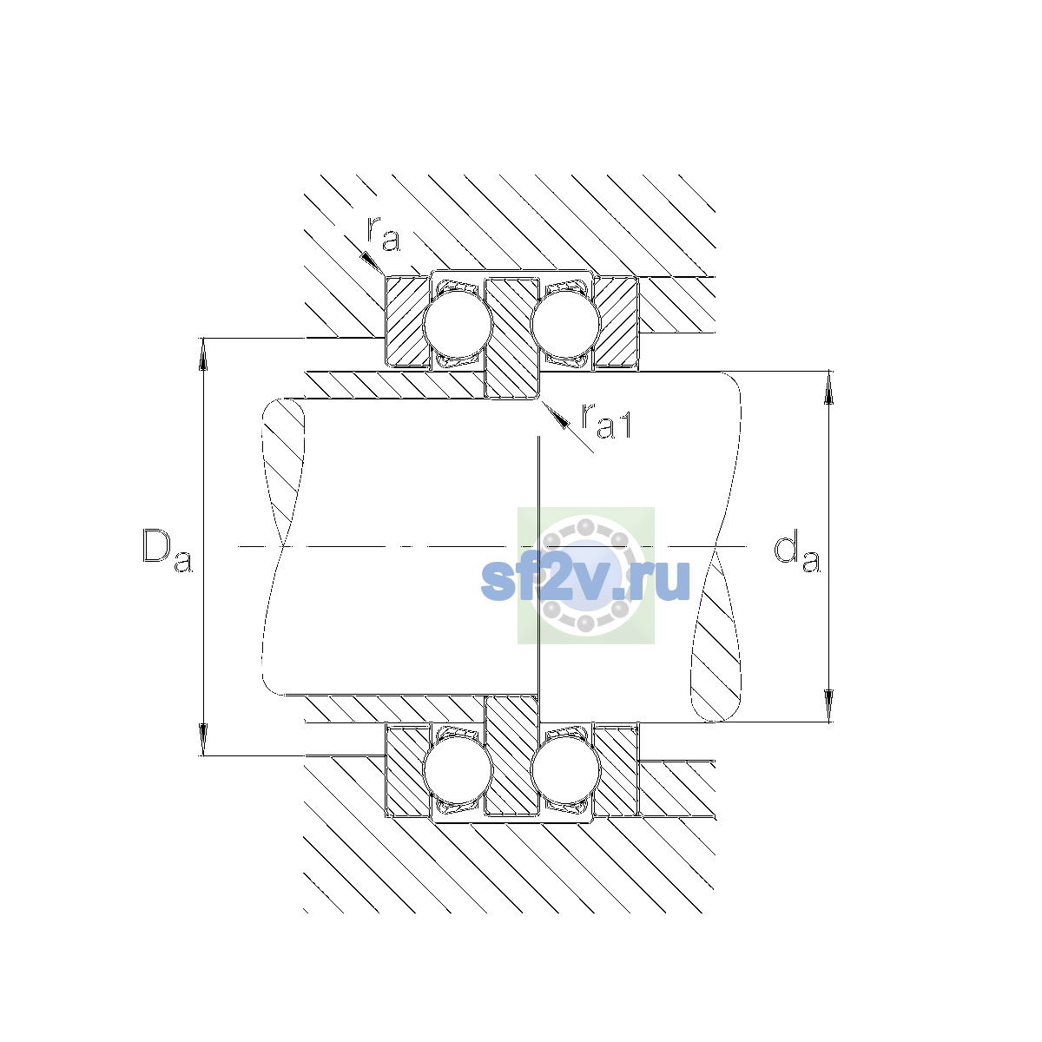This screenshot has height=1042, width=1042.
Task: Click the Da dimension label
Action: coord(167,551)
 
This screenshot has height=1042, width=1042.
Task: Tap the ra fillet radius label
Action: coord(384,234)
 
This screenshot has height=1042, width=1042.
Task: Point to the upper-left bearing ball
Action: coord(458,324)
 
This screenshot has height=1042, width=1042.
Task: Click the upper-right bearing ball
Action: coord(565,324)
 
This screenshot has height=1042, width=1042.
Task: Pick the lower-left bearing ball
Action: coord(458,770)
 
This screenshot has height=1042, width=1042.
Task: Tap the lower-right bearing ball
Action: coord(565,770)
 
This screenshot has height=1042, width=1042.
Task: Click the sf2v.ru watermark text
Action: coord(585,580)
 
